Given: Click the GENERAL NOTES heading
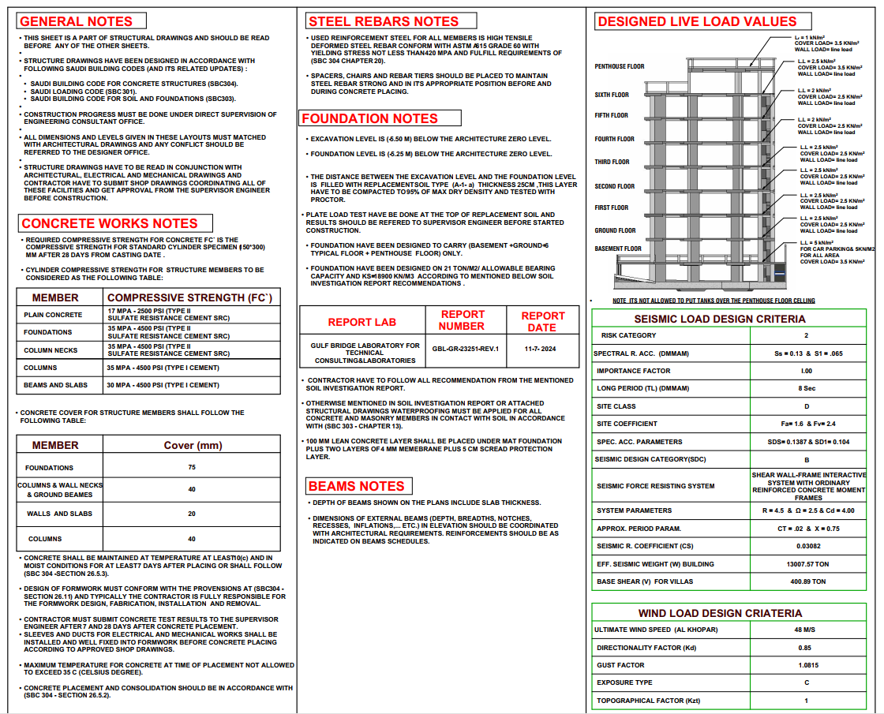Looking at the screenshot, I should click(77, 21).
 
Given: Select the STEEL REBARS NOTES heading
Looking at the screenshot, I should click(383, 21).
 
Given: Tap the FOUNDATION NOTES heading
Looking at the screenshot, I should click(369, 118).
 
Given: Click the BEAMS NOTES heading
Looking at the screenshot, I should click(357, 486).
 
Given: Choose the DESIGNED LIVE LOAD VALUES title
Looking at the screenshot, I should click(697, 21).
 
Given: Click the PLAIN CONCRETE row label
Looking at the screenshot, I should click(53, 315).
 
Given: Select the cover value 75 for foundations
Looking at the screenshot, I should click(192, 467).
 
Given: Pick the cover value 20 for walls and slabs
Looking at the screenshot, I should click(192, 514).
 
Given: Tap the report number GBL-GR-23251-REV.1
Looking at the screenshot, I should click(466, 348).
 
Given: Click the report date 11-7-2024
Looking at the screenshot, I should click(541, 348).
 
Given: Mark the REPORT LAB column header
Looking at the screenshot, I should click(361, 322).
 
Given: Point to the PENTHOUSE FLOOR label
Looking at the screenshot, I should click(620, 67).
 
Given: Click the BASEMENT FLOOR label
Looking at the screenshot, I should click(618, 249).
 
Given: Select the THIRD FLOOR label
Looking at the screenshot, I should click(612, 162).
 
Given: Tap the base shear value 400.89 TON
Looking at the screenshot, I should click(807, 581).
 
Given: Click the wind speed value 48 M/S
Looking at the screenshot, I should click(807, 630).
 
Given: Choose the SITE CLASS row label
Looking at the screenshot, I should click(616, 406).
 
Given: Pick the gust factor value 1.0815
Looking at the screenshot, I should click(807, 665).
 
